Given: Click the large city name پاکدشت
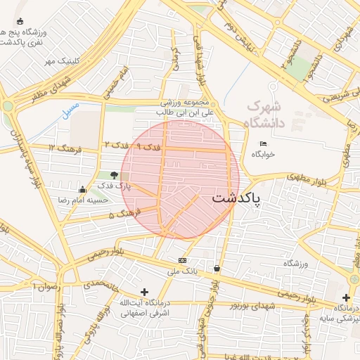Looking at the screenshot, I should click(236, 198).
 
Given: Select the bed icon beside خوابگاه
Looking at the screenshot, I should click(263, 144).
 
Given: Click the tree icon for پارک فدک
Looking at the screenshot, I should click(115, 174).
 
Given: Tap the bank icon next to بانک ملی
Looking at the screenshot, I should click(183, 260).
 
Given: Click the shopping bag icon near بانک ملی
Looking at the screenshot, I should click(216, 268).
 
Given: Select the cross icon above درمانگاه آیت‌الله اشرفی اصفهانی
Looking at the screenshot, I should click(144, 292).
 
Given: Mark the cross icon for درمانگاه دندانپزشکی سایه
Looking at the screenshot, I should click(346, 297).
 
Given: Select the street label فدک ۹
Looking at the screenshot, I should click(148, 147).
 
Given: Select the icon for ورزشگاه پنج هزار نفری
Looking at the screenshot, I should click(19, 21).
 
